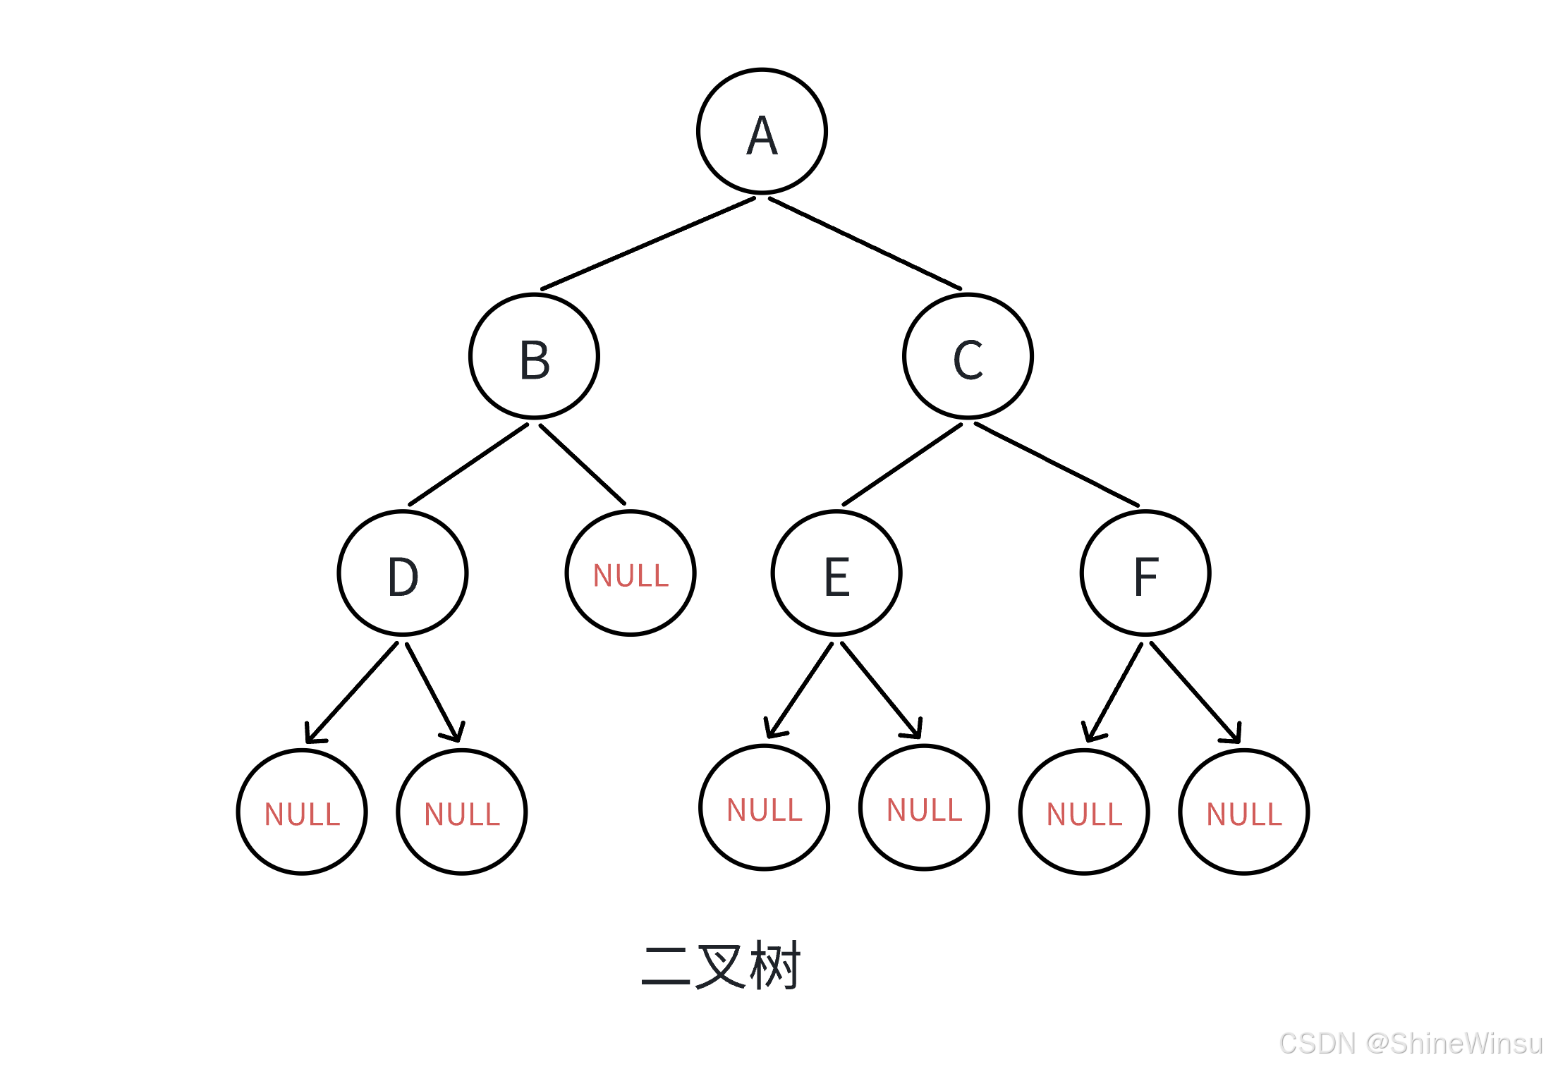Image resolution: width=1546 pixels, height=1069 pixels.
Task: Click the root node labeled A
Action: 762,132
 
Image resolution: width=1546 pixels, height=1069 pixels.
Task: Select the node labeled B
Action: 534,357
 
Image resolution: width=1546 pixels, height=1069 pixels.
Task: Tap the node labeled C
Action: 968,357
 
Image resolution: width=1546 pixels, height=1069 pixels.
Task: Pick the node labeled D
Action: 403,573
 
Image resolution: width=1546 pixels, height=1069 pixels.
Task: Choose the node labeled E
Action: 836,573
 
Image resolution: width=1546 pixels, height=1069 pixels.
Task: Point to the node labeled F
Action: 1145,573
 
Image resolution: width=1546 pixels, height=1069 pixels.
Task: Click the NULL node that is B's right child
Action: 631,573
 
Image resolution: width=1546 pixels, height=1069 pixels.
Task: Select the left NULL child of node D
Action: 302,812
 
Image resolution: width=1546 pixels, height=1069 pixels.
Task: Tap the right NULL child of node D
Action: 462,812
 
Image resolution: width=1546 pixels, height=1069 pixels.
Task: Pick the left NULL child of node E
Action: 765,808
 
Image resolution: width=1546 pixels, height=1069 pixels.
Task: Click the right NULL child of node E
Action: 924,808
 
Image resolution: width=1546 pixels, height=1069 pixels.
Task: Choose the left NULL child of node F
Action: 1084,812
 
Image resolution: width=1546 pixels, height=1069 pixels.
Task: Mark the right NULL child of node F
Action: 1244,812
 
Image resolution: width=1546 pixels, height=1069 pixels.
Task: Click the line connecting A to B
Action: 647,244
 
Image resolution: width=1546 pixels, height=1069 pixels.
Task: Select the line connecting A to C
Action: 865,243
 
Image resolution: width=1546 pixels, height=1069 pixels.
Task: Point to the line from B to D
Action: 468,465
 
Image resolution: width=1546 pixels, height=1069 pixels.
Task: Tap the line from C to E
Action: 902,465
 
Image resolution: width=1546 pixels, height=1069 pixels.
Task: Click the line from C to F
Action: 1057,464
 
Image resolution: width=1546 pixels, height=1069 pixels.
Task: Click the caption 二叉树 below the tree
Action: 721,965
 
